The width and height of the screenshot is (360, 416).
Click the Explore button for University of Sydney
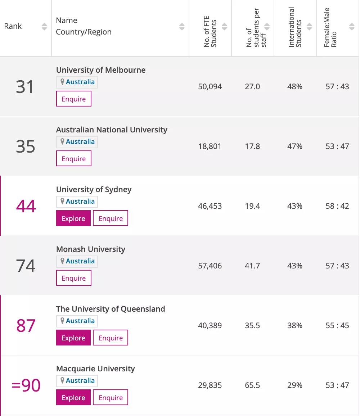pos(73,218)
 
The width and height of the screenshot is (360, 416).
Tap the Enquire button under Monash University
pos(74,278)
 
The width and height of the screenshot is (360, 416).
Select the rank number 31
pos(25,87)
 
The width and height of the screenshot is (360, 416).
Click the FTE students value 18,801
pos(210,146)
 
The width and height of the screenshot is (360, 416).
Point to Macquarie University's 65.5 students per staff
pos(252,385)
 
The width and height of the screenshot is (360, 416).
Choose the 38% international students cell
pos(295,326)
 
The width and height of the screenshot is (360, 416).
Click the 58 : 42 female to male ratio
pos(337,206)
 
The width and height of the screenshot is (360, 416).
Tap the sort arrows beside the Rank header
pos(44,27)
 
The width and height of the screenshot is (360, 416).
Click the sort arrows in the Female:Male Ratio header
pos(352,27)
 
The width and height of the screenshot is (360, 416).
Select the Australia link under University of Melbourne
pos(80,82)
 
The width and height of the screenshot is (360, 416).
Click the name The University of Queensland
pos(111,309)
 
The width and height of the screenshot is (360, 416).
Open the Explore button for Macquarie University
pos(73,398)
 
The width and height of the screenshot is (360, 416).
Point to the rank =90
pos(26,385)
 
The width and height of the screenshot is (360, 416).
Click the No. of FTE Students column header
pos(210,32)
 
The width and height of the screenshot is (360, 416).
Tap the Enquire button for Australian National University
pos(74,159)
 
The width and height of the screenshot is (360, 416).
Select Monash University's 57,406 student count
pos(210,266)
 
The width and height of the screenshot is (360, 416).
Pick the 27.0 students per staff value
pos(252,87)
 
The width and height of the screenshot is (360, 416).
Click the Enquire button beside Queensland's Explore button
pos(111,338)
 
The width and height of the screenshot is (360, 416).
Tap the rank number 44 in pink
pos(26,206)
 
